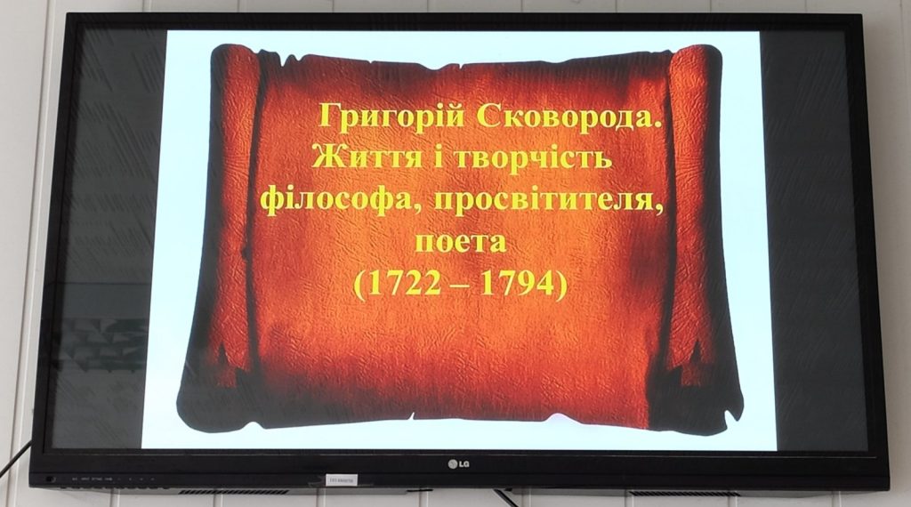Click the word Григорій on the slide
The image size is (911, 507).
[x=391, y=117]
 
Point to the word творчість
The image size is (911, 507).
[x=532, y=157]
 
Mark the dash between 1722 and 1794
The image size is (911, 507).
[x=458, y=286]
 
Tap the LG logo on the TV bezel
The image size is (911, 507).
[x=458, y=463]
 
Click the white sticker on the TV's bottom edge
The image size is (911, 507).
[x=342, y=480]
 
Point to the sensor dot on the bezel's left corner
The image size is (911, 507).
[x=50, y=479]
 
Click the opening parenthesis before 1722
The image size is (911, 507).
[x=359, y=285]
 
